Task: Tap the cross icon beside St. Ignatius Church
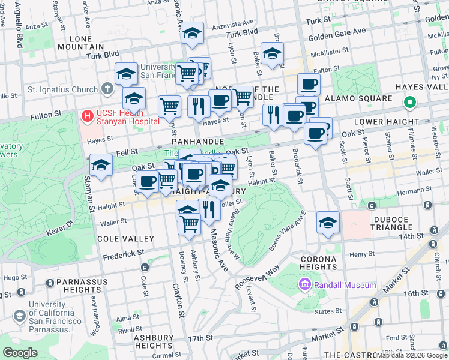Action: coord(107,90)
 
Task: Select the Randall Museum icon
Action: coord(304,284)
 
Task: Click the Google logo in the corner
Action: coord(20,352)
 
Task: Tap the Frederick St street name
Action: coord(124,254)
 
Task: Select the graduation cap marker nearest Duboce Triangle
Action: coord(328,223)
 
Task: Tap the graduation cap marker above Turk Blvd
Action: coord(193,34)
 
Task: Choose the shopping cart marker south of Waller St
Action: coord(190,224)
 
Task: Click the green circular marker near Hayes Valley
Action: coord(410,103)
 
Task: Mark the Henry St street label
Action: coord(362,254)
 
